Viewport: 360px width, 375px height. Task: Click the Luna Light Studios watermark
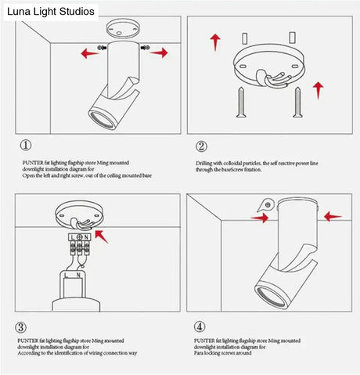tap(51, 12)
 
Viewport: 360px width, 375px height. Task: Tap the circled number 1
tap(26, 145)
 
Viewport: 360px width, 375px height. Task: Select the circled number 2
tap(201, 146)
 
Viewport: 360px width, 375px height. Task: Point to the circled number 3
tap(21, 327)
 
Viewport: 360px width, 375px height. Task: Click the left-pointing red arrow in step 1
tap(90, 54)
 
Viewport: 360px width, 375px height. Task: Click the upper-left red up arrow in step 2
tap(214, 41)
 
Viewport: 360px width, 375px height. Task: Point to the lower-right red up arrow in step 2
tap(317, 89)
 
